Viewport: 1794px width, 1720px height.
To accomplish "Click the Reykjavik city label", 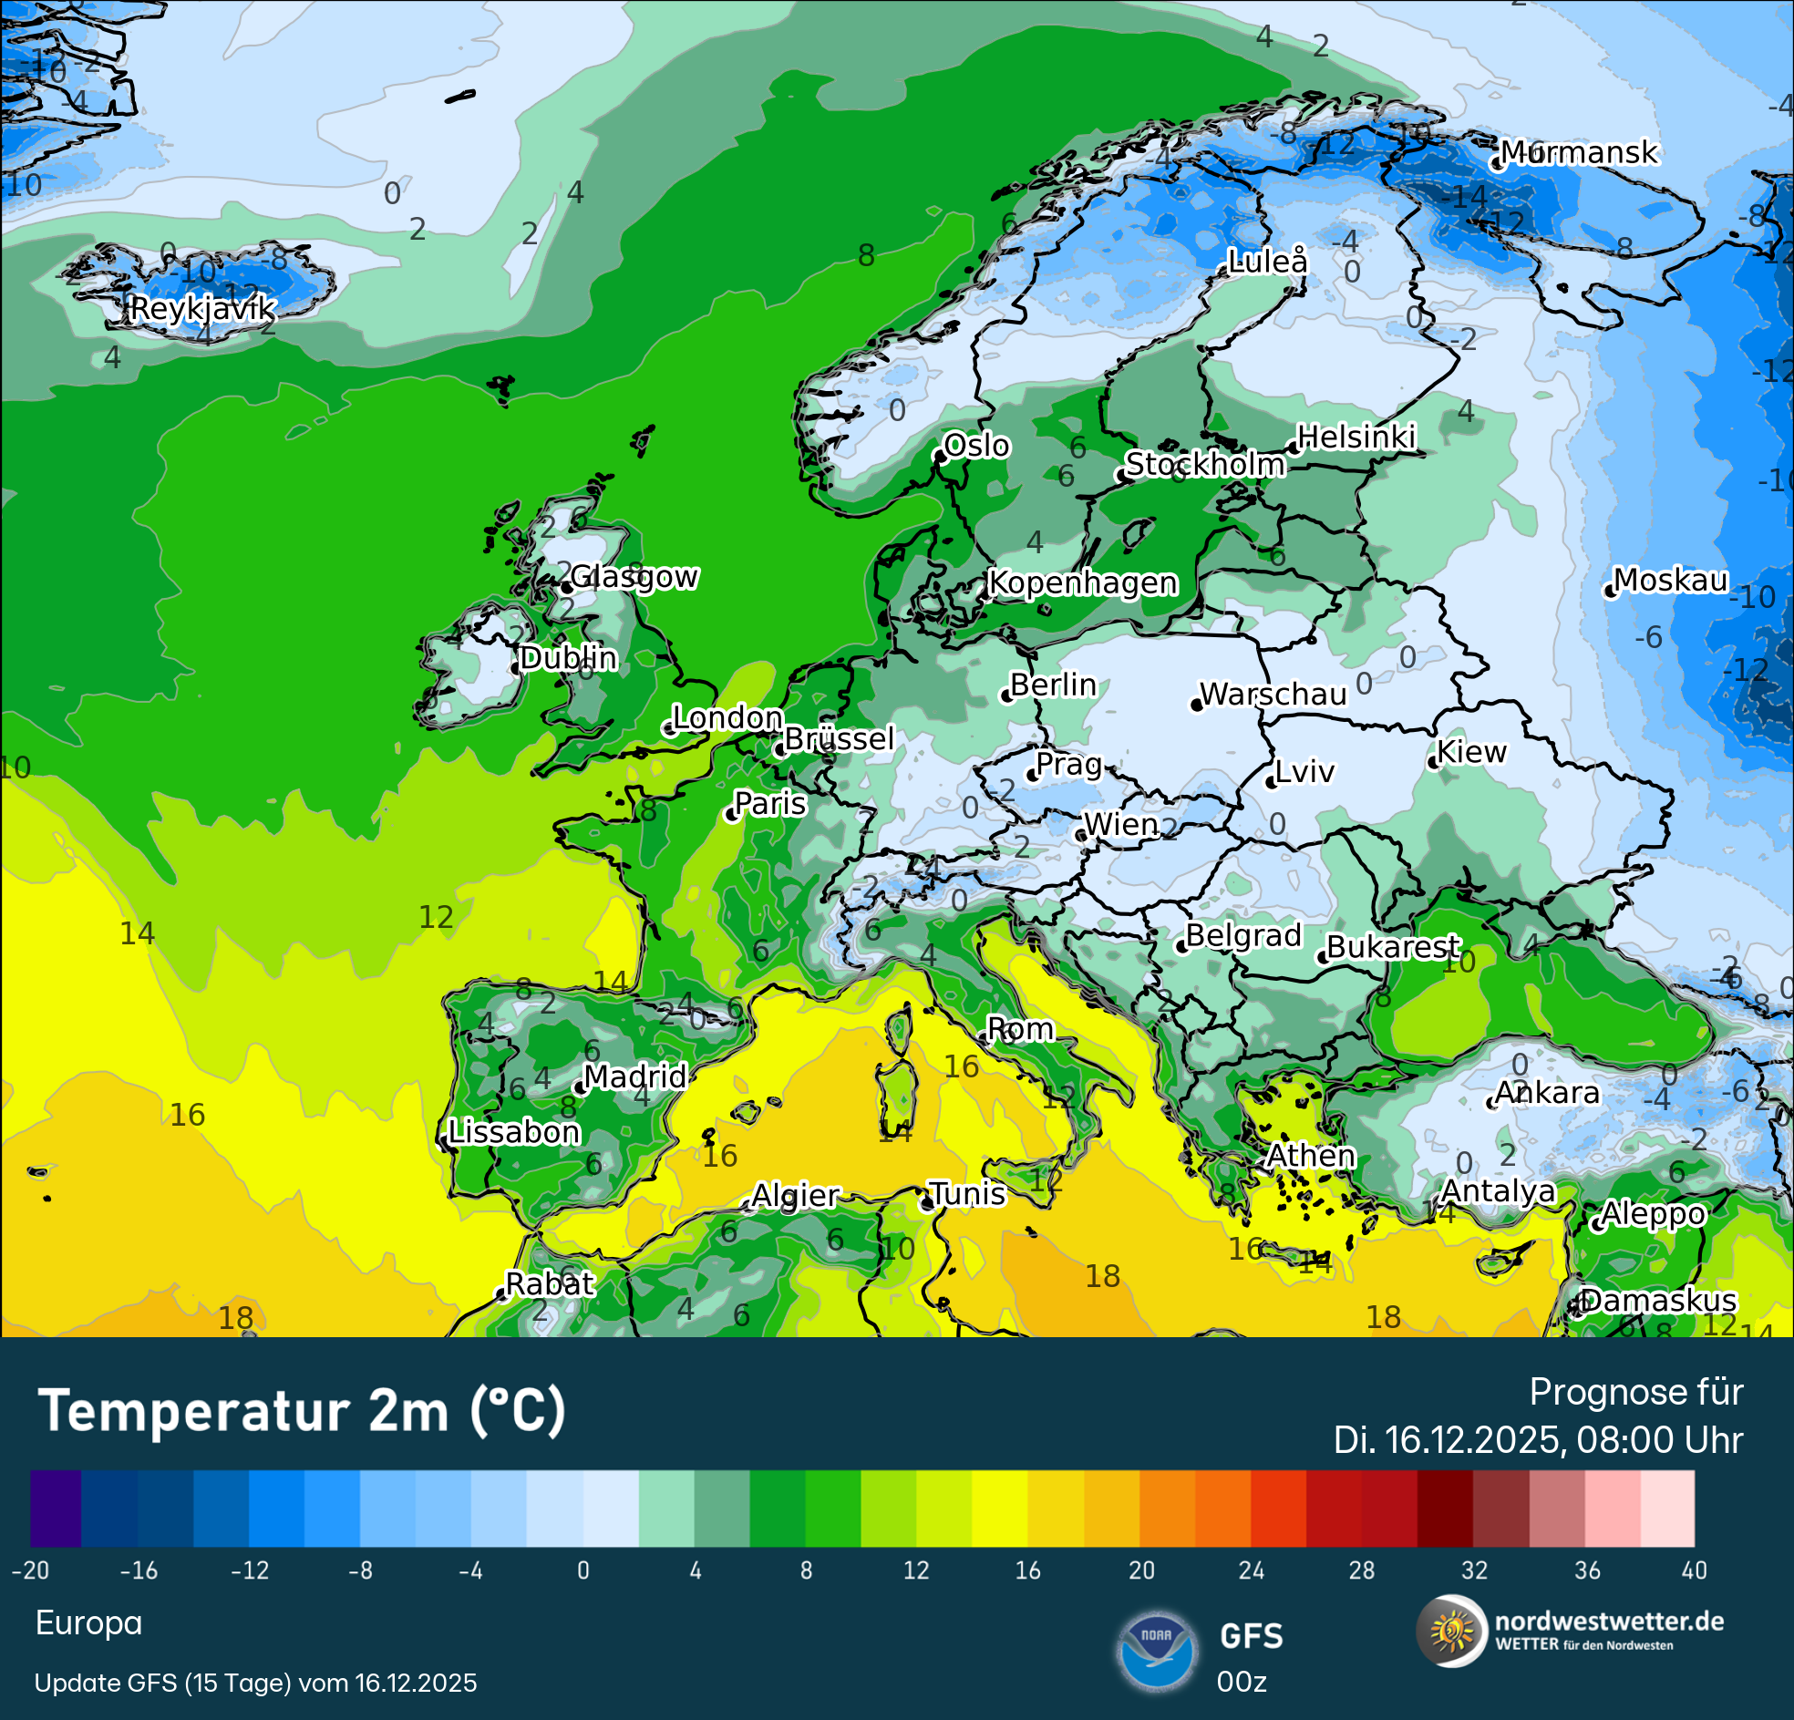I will (202, 308).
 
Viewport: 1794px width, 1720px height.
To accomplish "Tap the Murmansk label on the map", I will (1578, 152).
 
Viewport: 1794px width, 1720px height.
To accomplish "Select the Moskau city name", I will (1670, 581).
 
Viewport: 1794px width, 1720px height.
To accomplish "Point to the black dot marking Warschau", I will (1196, 705).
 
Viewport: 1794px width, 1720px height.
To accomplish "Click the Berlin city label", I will (1053, 685).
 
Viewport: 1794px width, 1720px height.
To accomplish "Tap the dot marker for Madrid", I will (581, 1088).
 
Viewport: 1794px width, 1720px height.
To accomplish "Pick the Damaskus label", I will (1657, 1301).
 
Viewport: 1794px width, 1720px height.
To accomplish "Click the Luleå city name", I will (1268, 262).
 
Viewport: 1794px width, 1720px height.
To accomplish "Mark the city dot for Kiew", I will (1433, 764).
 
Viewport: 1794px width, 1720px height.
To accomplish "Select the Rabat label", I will (549, 1284).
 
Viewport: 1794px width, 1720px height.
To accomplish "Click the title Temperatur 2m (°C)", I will (302, 1411).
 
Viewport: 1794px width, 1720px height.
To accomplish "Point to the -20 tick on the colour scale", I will (30, 1571).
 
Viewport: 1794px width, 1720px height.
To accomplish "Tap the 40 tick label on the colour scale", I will (1694, 1571).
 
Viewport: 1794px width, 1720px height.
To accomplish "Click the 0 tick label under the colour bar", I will (583, 1571).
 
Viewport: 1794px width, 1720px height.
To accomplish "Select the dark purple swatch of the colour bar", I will (56, 1509).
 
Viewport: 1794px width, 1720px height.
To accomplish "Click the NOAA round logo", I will (1157, 1651).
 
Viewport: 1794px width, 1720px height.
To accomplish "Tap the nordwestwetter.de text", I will (1608, 1622).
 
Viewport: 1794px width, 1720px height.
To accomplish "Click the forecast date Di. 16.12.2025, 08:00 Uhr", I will (1538, 1441).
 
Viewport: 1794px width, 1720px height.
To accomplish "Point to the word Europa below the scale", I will (88, 1623).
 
